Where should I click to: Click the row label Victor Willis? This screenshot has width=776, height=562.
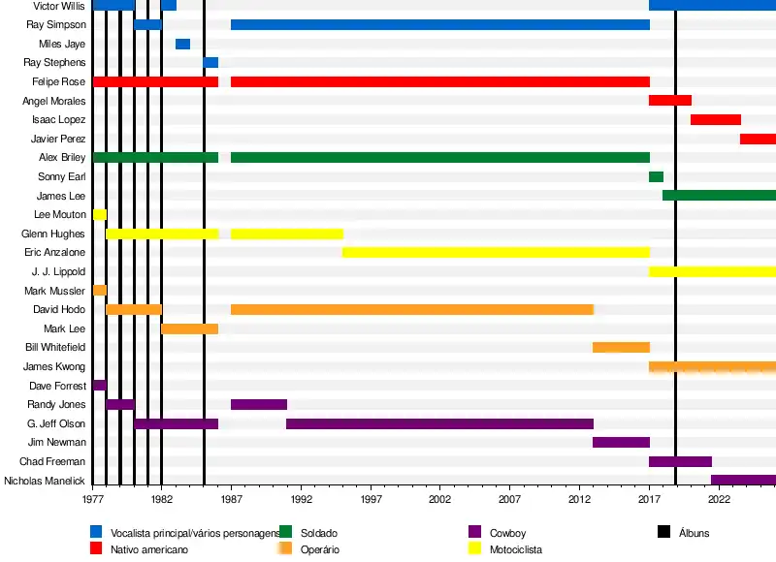[x=59, y=6]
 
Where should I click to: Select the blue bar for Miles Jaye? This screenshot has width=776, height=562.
[x=182, y=44]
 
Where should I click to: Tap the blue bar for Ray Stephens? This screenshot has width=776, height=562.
[x=210, y=63]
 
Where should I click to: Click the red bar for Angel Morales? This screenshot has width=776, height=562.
[x=670, y=101]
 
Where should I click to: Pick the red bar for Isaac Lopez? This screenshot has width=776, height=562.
[x=716, y=120]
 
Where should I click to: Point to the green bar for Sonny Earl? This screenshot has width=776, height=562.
[x=656, y=177]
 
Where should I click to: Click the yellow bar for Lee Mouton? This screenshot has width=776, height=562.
[x=100, y=215]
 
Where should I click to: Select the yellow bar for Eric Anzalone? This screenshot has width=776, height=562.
[x=496, y=253]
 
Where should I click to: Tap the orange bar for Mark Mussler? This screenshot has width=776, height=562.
[x=100, y=291]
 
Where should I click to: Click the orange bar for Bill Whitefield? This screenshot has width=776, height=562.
[x=622, y=348]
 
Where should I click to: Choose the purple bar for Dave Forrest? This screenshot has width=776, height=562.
[x=100, y=386]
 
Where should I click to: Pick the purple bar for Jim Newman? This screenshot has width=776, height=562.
[x=622, y=443]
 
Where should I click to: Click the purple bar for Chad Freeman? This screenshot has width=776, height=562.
[x=680, y=462]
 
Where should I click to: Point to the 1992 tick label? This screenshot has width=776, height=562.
[x=301, y=499]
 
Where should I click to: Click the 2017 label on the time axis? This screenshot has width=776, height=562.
[x=649, y=499]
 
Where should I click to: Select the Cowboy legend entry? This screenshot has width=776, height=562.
[x=507, y=533]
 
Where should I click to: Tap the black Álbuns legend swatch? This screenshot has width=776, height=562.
[x=664, y=532]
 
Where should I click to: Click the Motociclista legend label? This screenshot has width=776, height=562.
[x=515, y=549]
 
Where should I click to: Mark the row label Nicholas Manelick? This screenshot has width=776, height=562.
[x=46, y=481]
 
